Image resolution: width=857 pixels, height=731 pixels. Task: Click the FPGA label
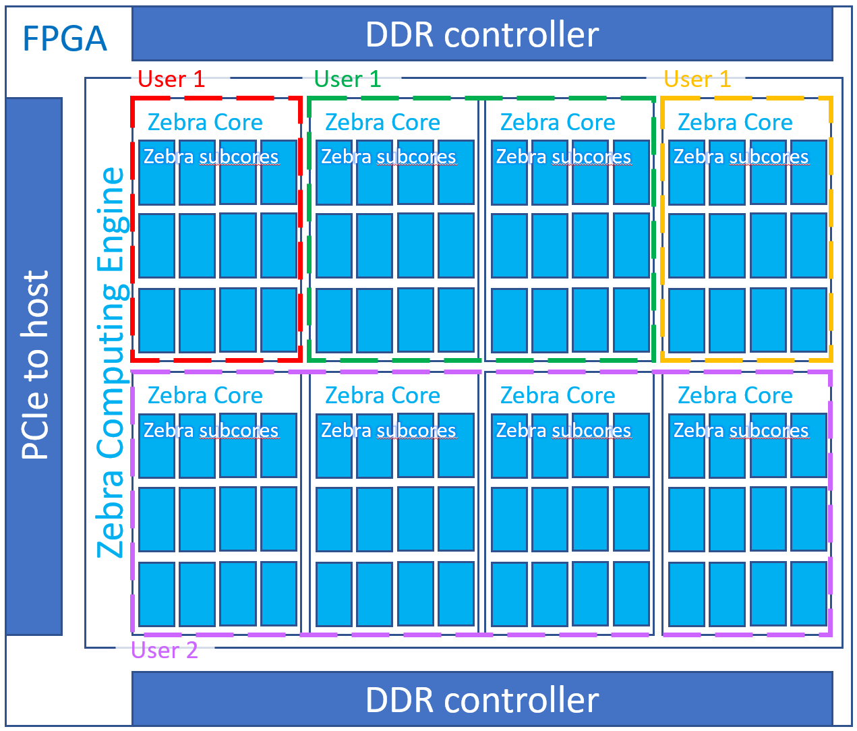[65, 39]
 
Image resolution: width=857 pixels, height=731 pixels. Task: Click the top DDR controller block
[482, 34]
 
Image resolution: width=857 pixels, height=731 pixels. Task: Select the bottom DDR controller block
[482, 699]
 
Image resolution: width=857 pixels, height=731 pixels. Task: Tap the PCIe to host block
[34, 366]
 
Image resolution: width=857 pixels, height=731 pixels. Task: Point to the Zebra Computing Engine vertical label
[111, 363]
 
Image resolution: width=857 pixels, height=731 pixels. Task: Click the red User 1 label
[171, 80]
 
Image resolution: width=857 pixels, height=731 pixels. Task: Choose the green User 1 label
[347, 80]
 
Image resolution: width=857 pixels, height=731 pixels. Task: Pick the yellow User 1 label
[697, 80]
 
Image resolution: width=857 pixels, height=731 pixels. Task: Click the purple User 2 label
[165, 650]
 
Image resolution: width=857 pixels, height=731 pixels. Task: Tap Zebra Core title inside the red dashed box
[205, 122]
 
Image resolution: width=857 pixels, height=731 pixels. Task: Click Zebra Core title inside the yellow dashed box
[735, 122]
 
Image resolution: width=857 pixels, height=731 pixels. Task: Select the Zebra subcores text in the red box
[211, 157]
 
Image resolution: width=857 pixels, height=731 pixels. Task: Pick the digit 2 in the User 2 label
[191, 650]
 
